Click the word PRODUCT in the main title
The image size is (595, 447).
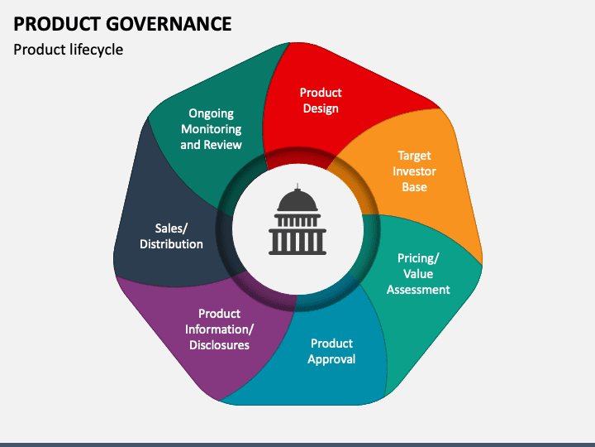(x=57, y=24)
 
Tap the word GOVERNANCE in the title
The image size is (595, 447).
(x=169, y=24)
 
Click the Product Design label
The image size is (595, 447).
(x=321, y=100)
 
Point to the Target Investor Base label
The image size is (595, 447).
(x=414, y=171)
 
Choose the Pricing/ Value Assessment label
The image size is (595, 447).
(x=418, y=274)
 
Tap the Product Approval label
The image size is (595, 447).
(x=331, y=351)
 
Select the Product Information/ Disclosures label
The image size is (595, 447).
(x=219, y=329)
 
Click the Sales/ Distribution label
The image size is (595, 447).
(x=171, y=236)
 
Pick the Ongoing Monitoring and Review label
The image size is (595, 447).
(x=211, y=129)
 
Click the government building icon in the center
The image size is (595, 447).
(x=297, y=219)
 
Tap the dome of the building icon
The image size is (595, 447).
(x=297, y=199)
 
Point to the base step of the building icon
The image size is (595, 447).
(x=297, y=252)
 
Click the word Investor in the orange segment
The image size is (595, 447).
(x=414, y=171)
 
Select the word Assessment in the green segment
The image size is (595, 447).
(x=418, y=290)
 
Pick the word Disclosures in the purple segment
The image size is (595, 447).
(x=219, y=345)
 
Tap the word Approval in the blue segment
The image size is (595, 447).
(x=331, y=359)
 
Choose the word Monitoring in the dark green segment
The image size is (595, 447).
(x=211, y=129)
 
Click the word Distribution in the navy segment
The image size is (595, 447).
(x=171, y=244)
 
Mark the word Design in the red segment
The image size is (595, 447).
(x=321, y=108)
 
